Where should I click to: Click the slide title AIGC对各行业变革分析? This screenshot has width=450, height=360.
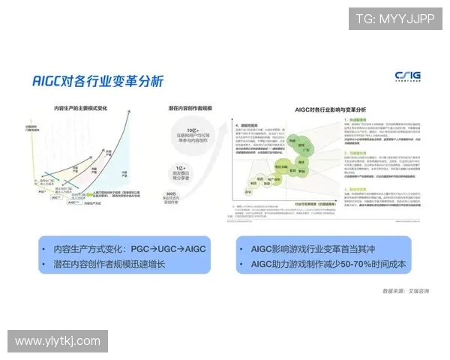pos(97,81)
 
